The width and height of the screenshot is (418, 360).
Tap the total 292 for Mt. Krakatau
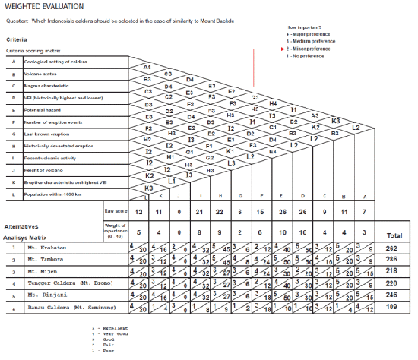[392, 248]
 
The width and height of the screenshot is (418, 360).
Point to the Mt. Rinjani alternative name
[45, 294]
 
